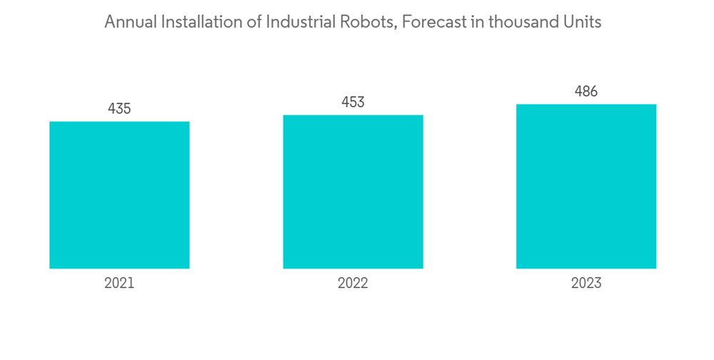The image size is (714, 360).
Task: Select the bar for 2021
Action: tap(119, 195)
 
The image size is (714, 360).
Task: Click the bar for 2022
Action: tap(353, 191)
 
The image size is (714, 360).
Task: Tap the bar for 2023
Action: tap(586, 186)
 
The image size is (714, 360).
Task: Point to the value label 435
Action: tap(119, 109)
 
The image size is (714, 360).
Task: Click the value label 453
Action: tap(353, 102)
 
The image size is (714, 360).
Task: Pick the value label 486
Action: tap(586, 91)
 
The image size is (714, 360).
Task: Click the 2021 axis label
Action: tap(119, 284)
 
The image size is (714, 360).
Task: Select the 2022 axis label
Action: tap(353, 284)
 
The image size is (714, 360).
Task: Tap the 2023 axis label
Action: tap(586, 284)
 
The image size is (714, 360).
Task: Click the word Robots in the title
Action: tap(369, 22)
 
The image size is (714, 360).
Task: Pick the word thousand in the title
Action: tap(525, 22)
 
